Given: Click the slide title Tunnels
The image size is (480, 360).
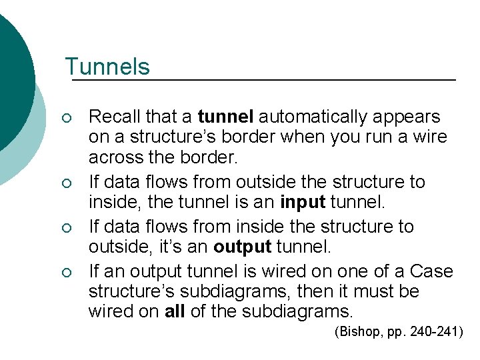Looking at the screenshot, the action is pyautogui.click(x=107, y=67).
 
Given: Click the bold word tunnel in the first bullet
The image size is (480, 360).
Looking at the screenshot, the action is pyautogui.click(x=225, y=117).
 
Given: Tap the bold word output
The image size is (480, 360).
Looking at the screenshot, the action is pyautogui.click(x=242, y=247).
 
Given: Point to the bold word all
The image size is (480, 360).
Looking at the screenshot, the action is pyautogui.click(x=175, y=312).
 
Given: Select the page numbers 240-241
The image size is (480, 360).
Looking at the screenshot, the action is pyautogui.click(x=433, y=332).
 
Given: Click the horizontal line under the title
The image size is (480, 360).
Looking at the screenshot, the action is pyautogui.click(x=263, y=81).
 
